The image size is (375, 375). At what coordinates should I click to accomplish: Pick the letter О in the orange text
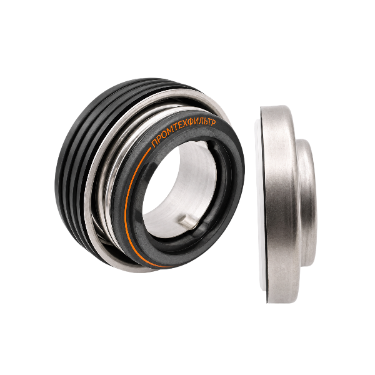point(162,137)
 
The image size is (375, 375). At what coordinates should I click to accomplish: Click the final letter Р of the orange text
point(214,122)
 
